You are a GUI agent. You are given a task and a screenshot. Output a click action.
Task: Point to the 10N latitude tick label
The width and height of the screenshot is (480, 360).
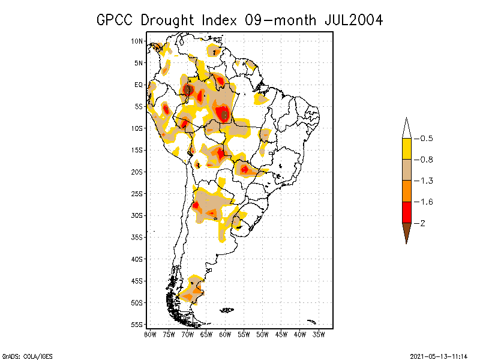(x=137, y=41)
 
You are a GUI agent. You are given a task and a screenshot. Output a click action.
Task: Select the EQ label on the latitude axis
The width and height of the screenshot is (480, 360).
(x=139, y=85)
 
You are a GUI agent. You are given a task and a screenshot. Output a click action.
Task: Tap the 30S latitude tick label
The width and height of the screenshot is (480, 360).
(x=137, y=215)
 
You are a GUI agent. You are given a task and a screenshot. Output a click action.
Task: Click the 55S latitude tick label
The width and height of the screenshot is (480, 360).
(x=137, y=324)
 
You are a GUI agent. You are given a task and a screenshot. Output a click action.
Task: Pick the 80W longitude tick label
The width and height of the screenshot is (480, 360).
(x=150, y=334)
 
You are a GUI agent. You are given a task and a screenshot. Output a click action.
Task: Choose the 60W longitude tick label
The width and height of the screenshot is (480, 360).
(x=225, y=334)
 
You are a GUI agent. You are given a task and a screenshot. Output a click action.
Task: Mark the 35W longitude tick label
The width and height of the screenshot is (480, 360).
(x=319, y=334)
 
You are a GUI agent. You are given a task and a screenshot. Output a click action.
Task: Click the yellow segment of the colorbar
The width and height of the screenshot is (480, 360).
(x=406, y=149)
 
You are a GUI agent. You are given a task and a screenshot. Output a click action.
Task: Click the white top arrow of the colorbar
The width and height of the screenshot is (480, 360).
(x=406, y=128)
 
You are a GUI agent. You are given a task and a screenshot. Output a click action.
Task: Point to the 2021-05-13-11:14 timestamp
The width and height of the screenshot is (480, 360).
(x=439, y=355)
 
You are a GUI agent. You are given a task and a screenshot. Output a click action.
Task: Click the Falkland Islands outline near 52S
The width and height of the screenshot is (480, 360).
(x=227, y=310)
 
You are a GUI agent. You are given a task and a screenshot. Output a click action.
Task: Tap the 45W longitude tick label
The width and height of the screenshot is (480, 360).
(x=281, y=334)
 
